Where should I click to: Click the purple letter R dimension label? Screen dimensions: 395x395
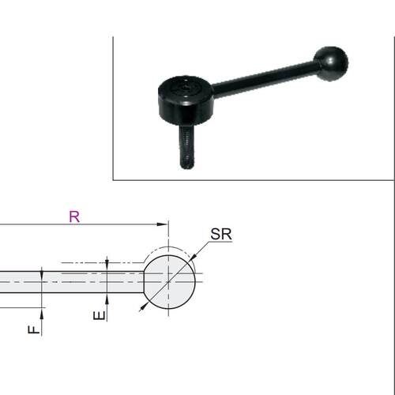click(74, 216)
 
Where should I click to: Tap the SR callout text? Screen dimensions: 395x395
click(221, 234)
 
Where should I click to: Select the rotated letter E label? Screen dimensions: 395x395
click(100, 315)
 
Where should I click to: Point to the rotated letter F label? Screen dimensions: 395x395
click(34, 329)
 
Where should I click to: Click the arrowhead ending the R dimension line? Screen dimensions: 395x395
click(162, 224)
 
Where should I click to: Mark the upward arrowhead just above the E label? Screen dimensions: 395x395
click(107, 299)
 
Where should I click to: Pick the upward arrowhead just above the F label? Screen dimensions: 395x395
click(42, 314)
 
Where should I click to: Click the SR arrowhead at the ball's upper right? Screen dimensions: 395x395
click(192, 258)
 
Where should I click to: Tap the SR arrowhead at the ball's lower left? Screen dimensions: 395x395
click(144, 307)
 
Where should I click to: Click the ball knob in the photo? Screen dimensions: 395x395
click(331, 64)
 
